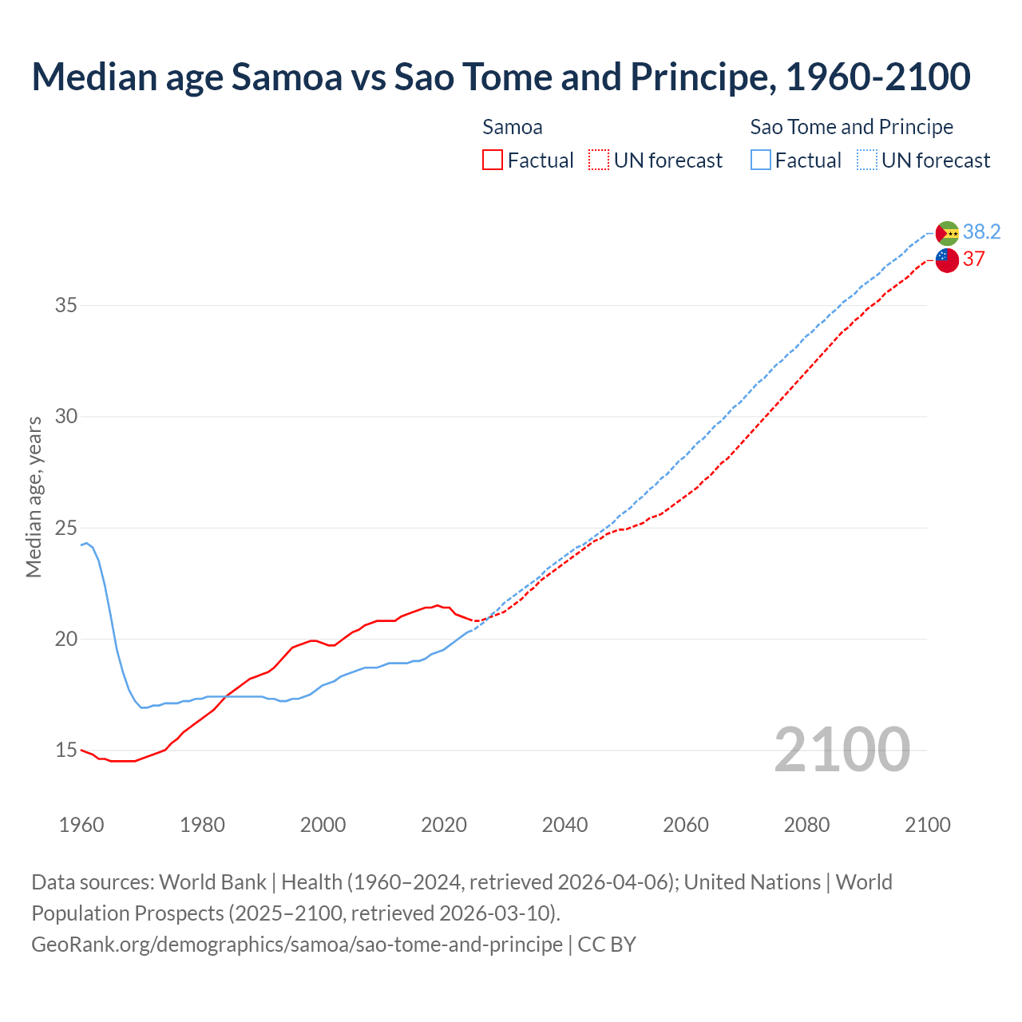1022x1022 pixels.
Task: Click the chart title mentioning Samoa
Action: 501,77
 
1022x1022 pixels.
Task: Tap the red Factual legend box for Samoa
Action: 493,160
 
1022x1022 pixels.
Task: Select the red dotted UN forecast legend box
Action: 599,160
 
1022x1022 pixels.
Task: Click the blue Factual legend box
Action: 761,160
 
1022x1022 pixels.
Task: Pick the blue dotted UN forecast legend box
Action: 866,160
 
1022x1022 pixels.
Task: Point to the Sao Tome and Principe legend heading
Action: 851,127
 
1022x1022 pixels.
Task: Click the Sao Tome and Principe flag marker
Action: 947,233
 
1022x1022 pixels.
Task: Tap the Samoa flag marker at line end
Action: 947,260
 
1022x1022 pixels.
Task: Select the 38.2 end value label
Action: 981,232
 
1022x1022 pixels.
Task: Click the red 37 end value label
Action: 973,259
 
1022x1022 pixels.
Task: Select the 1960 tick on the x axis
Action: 81,825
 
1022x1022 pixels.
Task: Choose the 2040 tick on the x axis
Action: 564,825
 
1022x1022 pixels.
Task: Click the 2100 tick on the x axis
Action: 927,825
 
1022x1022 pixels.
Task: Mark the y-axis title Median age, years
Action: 34,497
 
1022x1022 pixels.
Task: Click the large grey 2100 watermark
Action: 842,749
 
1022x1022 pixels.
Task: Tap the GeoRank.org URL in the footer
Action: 296,945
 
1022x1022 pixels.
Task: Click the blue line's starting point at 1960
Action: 81,545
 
